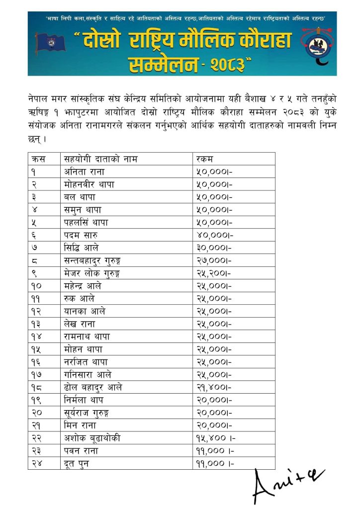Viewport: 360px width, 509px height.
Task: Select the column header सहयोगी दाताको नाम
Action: [101, 159]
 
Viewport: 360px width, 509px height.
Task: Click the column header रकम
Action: [204, 159]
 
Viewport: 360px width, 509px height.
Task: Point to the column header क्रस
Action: [38, 159]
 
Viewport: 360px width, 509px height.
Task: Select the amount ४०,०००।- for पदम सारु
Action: [213, 235]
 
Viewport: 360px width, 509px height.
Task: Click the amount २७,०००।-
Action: [213, 260]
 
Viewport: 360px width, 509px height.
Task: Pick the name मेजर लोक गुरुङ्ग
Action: [92, 273]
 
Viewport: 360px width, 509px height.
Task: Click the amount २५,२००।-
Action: [213, 273]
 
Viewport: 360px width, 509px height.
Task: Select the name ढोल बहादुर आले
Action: [93, 387]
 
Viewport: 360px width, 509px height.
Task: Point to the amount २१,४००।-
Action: [213, 387]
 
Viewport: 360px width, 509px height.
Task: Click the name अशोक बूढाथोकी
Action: [92, 438]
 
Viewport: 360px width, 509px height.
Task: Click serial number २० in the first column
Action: [36, 413]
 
